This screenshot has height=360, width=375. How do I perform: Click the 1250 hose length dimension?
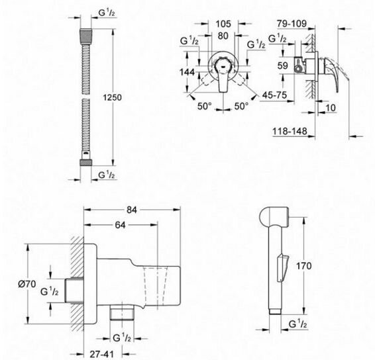(x=112, y=97)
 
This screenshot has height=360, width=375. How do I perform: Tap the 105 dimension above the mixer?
(x=223, y=24)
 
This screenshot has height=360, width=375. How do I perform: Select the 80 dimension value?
(x=223, y=36)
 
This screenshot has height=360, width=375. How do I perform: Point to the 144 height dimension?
(x=187, y=72)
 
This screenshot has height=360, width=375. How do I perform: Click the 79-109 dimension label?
(x=292, y=24)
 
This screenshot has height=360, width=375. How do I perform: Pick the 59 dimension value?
(x=282, y=66)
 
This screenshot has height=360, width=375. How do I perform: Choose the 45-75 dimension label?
(x=274, y=95)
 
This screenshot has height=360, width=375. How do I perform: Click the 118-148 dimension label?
(x=290, y=131)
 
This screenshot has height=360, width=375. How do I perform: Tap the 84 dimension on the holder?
(x=132, y=210)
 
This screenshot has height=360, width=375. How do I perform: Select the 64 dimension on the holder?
(x=120, y=225)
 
